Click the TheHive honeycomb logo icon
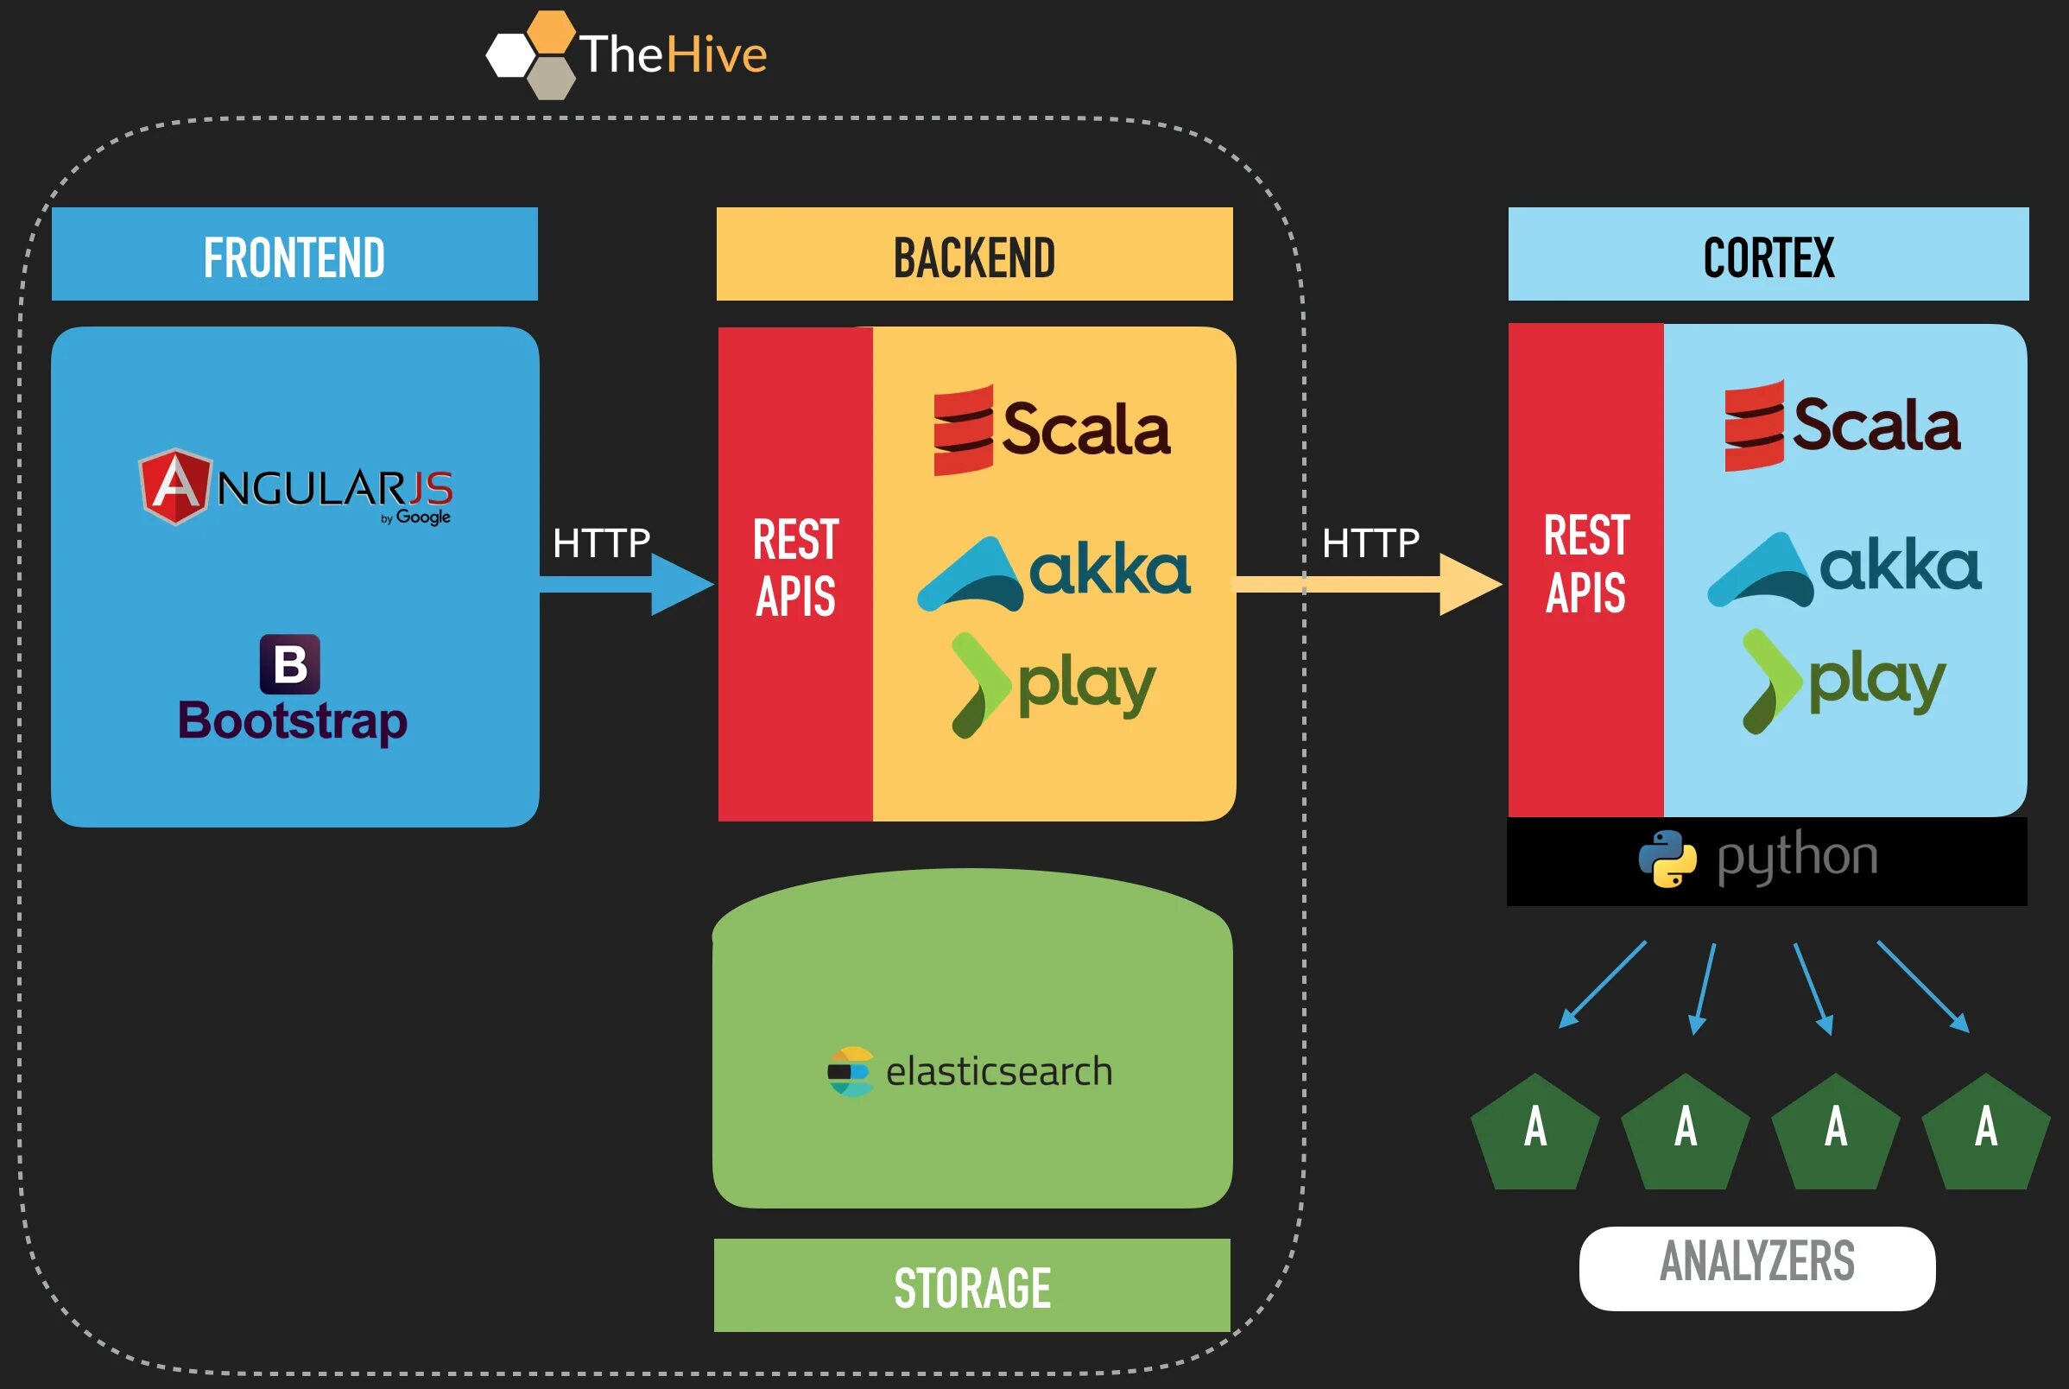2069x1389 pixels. click(531, 55)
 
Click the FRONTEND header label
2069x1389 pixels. click(294, 257)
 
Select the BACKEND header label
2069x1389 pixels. click(974, 257)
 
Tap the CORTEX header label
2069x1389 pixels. click(1768, 257)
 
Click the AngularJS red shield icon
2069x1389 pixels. click(176, 486)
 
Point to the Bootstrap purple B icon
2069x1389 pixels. click(289, 664)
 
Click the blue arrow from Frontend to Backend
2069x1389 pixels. click(627, 585)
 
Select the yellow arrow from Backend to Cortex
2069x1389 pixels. click(1369, 585)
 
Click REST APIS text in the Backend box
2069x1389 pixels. click(795, 567)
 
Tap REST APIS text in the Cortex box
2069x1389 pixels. click(1585, 563)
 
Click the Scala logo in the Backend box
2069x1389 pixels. click(1052, 430)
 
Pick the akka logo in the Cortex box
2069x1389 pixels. click(1844, 568)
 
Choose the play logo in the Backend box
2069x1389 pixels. click(1053, 685)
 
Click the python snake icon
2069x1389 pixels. click(1667, 859)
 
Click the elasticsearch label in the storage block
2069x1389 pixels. click(998, 1072)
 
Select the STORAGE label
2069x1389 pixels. click(972, 1288)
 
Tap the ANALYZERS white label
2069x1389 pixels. click(1756, 1269)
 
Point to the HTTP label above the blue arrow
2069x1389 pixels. click(601, 543)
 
